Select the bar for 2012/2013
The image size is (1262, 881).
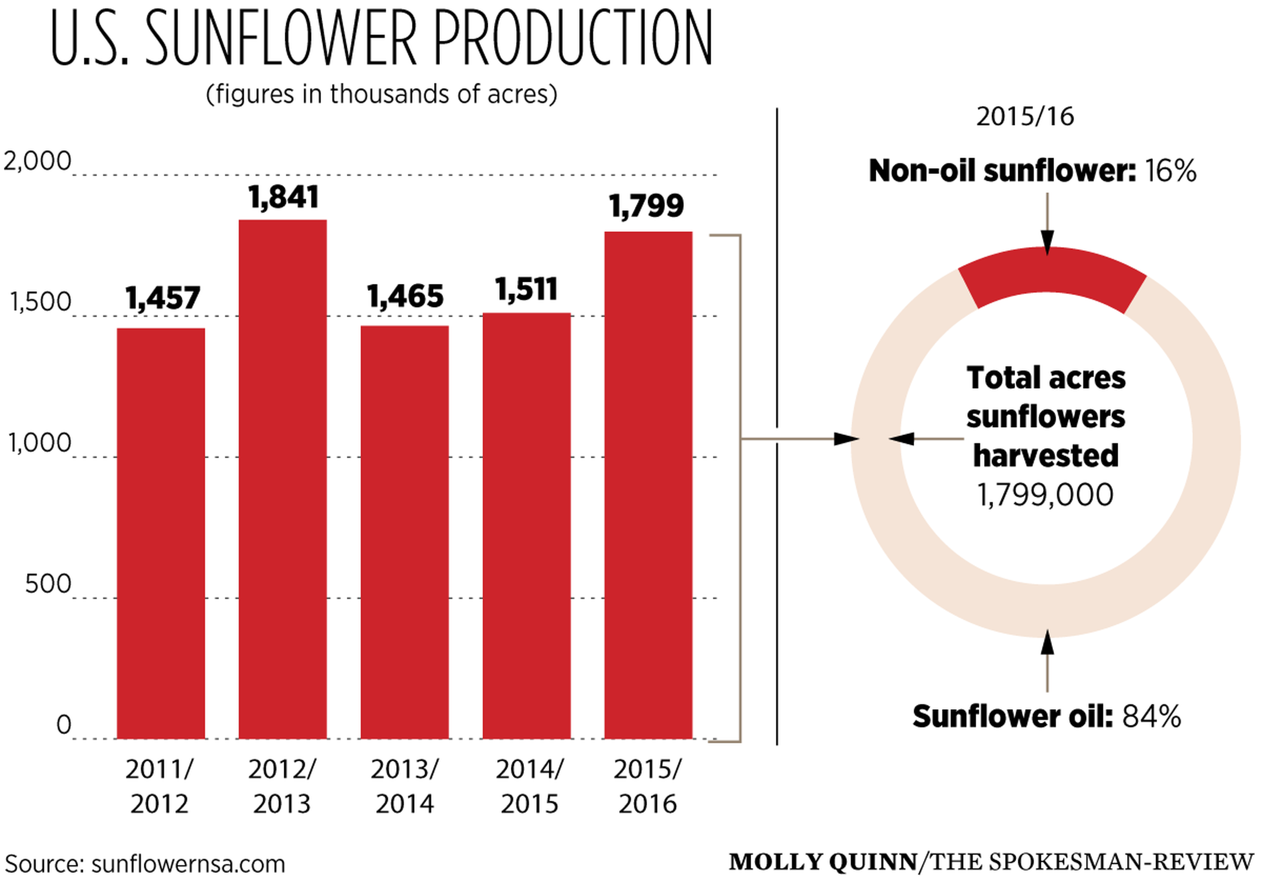tap(283, 478)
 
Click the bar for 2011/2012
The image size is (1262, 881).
tap(161, 533)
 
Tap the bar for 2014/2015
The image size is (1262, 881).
tap(527, 525)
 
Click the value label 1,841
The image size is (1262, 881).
tap(283, 198)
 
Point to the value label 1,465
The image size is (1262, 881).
tap(405, 297)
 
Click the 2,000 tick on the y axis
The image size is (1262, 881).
tap(37, 162)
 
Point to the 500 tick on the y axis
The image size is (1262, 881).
tap(48, 583)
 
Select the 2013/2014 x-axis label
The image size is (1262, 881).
tap(405, 787)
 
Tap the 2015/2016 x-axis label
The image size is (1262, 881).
tap(648, 787)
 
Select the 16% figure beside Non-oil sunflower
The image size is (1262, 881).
tap(1171, 171)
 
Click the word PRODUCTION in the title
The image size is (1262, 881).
tap(573, 38)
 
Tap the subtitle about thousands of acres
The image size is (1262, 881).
tap(382, 94)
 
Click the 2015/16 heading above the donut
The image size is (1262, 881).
tap(1025, 117)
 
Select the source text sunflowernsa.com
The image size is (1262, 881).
tap(188, 864)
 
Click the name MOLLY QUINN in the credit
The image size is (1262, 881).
tap(822, 862)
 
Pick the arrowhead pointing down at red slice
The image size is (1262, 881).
tap(1047, 241)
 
